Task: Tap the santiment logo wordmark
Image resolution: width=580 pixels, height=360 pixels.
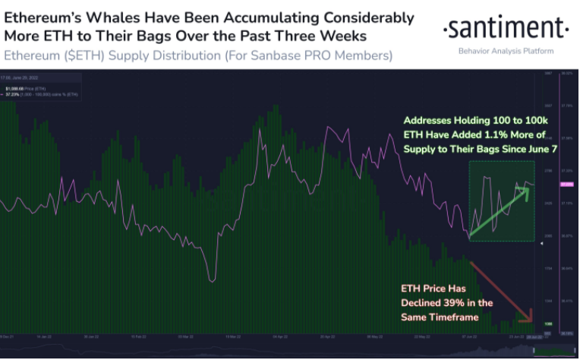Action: tap(506, 29)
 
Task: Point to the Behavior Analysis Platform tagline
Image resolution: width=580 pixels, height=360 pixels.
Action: tap(506, 51)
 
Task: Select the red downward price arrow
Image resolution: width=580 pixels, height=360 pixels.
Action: tap(502, 289)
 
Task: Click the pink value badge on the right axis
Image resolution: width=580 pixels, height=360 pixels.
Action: tap(566, 185)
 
